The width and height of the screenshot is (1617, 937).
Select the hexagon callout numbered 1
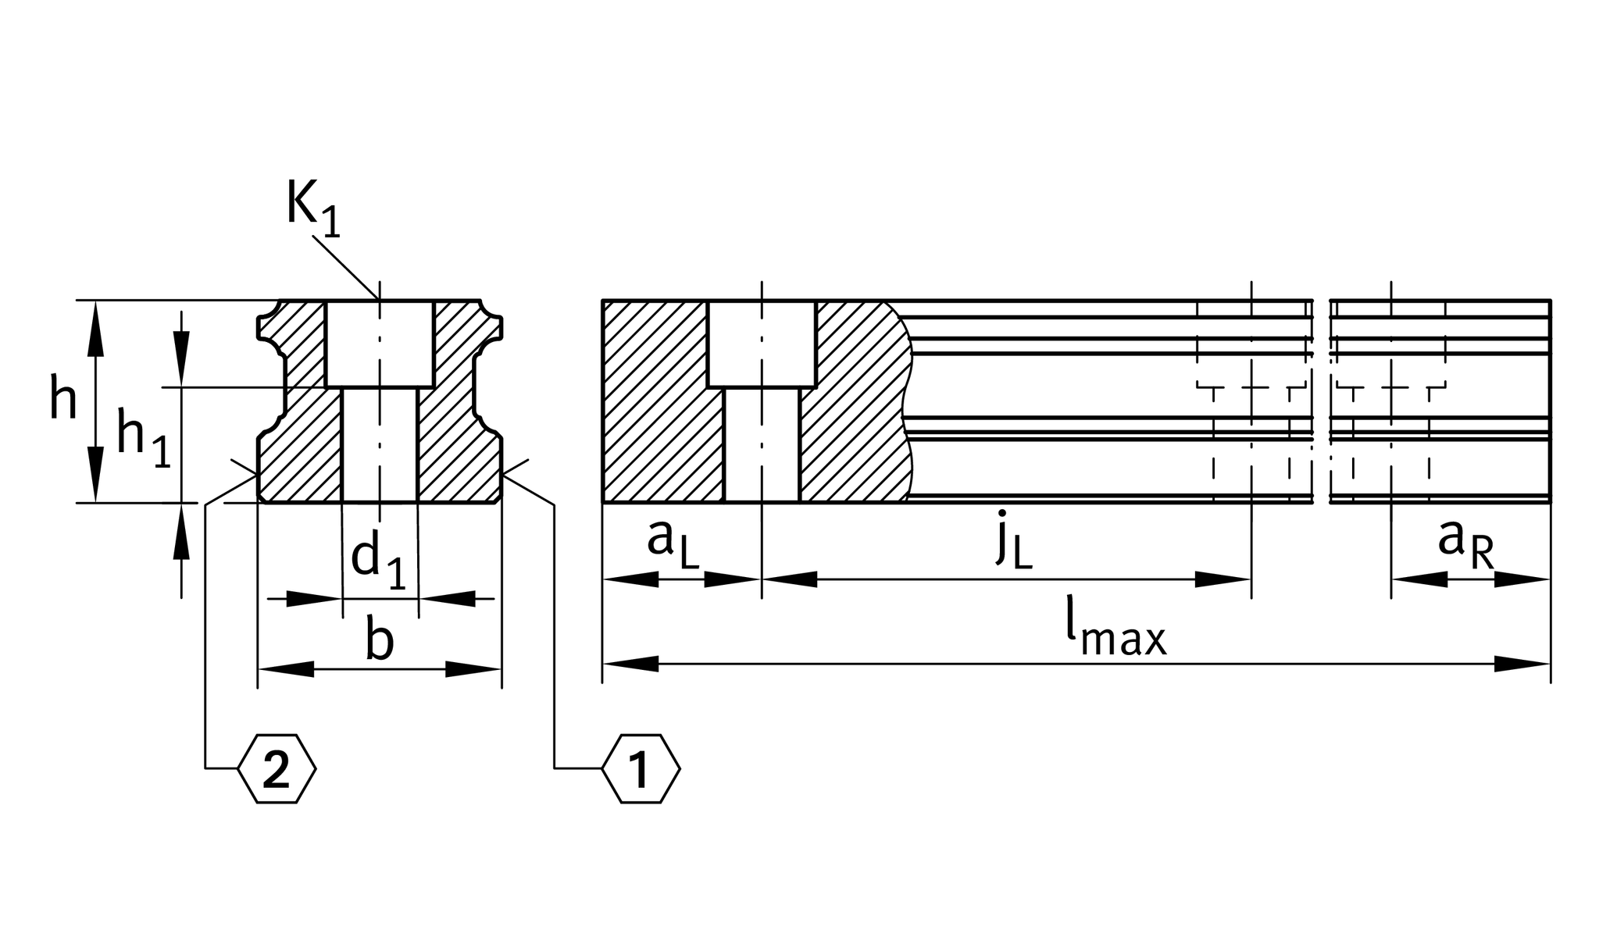click(x=641, y=769)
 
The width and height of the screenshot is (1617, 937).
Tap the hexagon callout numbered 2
click(x=277, y=769)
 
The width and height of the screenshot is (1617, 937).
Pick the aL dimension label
click(x=673, y=542)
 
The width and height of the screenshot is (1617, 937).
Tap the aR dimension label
click(x=1465, y=542)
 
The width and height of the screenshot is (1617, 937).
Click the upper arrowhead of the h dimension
click(x=95, y=328)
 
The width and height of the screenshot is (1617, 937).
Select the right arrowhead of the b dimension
click(x=473, y=669)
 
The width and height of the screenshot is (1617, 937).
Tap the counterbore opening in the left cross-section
click(x=380, y=344)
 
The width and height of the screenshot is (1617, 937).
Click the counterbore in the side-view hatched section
click(x=762, y=344)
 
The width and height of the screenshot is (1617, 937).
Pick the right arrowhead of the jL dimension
click(x=1223, y=579)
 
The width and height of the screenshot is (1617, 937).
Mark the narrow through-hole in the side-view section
click(x=762, y=445)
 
